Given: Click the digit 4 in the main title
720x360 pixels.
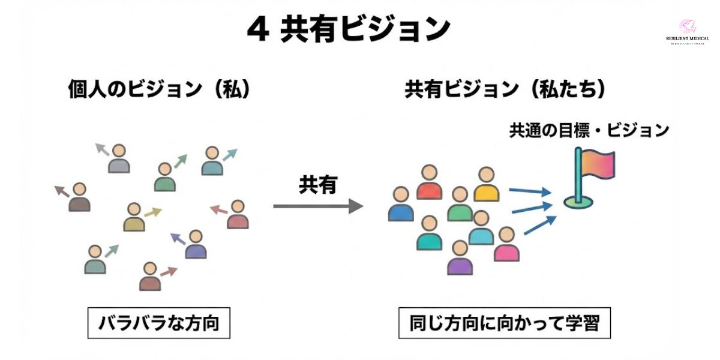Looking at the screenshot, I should point(257,30).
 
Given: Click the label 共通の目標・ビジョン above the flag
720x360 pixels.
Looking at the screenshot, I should point(589,130).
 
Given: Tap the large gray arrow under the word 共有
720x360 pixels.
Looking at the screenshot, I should point(318,206).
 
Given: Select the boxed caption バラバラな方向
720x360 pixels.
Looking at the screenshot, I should point(158,324).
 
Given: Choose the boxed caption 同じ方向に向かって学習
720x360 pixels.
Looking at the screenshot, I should point(504,324).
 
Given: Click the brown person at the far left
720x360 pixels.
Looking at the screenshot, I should point(79,198).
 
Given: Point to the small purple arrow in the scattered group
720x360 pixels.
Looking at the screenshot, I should point(178,239).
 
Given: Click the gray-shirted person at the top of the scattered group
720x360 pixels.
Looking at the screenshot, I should point(119,159).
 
